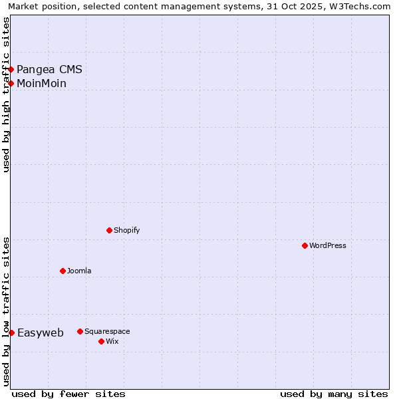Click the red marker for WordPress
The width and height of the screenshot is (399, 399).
pos(305,245)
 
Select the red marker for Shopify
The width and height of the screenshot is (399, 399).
pos(110,230)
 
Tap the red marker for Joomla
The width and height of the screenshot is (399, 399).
pos(63,271)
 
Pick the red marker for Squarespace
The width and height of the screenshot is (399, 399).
pos(80,331)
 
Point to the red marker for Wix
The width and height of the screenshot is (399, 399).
pos(102,341)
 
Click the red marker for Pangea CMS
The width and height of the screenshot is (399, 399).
pos(11,69)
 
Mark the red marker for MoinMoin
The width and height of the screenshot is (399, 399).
pos(11,83)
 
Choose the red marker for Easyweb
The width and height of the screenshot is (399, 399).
pos(12,332)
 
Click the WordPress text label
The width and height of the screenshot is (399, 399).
pos(328,245)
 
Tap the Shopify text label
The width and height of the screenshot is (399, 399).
pos(127,230)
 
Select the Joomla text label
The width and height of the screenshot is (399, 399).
pos(79,271)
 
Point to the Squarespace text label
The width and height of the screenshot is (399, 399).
pos(107,331)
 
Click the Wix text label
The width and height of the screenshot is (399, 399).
pos(112,341)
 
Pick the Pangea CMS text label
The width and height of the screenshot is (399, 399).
pos(49,69)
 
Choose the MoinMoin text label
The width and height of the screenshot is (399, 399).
pos(41,83)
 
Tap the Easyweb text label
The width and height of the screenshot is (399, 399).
pos(41,332)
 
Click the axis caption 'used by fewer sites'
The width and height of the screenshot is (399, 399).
pos(68,394)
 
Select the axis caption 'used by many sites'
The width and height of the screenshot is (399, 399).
pos(334,394)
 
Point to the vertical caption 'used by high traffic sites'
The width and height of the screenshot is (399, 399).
pos(6,94)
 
